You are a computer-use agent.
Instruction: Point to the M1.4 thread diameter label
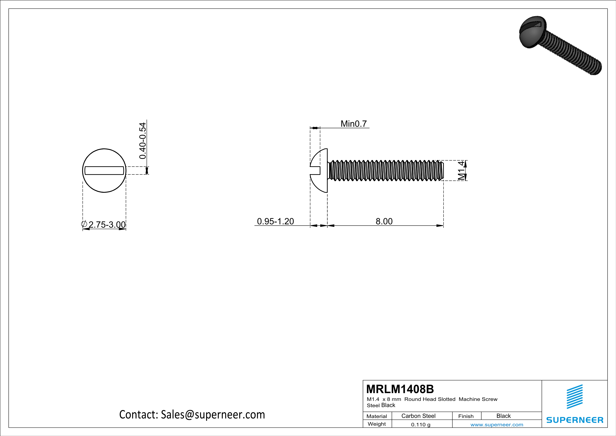pos(461,171)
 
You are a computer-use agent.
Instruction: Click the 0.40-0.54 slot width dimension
pos(143,141)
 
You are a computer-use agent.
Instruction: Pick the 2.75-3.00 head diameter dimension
pos(107,225)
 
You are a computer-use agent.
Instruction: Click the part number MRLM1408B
pos(400,389)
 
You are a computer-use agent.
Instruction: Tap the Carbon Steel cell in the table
pos(418,416)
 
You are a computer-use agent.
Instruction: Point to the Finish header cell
pos(466,416)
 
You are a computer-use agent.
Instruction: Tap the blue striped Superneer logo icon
pos(574,397)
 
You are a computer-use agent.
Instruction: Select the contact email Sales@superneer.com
pos(213,415)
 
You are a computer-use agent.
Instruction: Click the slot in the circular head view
pos(104,171)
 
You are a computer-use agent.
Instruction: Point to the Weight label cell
pos(377,424)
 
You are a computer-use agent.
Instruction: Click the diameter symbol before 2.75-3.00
pos(84,224)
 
